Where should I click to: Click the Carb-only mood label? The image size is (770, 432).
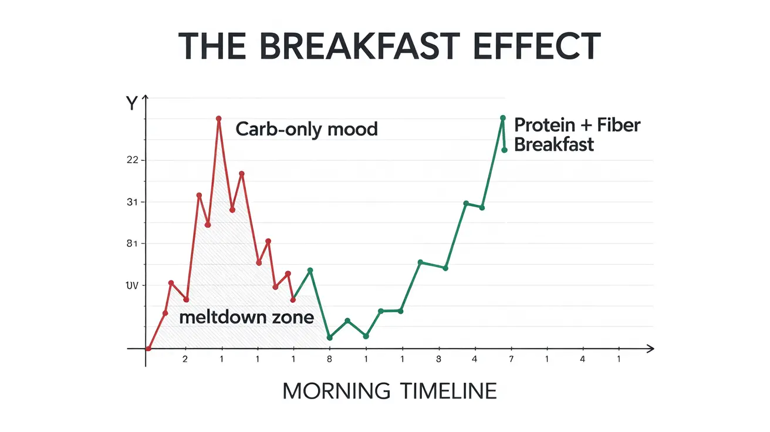point(306,129)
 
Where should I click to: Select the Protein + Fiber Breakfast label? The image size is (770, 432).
point(577,134)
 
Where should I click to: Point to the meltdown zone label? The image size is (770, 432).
point(246,318)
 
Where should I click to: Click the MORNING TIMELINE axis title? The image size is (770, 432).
point(389,391)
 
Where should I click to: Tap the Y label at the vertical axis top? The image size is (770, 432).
point(131,104)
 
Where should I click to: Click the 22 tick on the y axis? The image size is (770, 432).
point(131,160)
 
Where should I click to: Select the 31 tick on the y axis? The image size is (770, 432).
point(131,203)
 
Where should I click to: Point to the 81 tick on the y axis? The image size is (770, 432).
point(131,244)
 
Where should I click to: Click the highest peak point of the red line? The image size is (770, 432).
point(219,119)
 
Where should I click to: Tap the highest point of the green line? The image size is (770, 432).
point(502,118)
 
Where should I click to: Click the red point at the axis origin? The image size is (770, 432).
point(148,349)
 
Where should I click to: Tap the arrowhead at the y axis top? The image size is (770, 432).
point(146,99)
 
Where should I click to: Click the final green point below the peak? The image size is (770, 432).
point(504,150)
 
